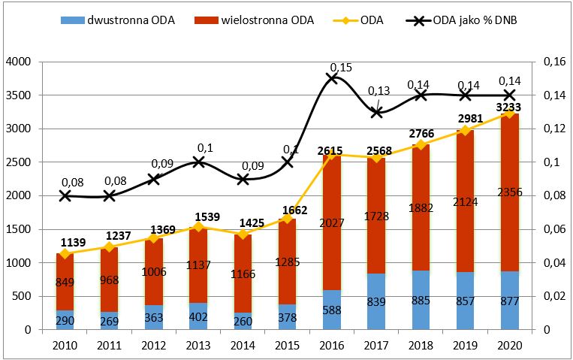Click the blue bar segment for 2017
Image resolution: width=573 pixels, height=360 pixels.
pyautogui.click(x=376, y=301)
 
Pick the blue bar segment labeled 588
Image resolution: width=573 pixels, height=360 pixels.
pyautogui.click(x=332, y=310)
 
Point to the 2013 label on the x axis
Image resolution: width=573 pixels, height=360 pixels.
pyautogui.click(x=198, y=345)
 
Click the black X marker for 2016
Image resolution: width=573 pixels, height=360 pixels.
pyautogui.click(x=332, y=78)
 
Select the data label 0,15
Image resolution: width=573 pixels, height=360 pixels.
pyautogui.click(x=341, y=68)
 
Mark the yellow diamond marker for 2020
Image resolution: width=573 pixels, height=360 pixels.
pyautogui.click(x=509, y=113)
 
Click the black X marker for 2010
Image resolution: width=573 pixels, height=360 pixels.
pyautogui.click(x=65, y=195)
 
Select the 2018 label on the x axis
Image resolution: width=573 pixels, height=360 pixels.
pyautogui.click(x=421, y=345)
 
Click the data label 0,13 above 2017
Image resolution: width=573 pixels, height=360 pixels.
pyautogui.click(x=378, y=91)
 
